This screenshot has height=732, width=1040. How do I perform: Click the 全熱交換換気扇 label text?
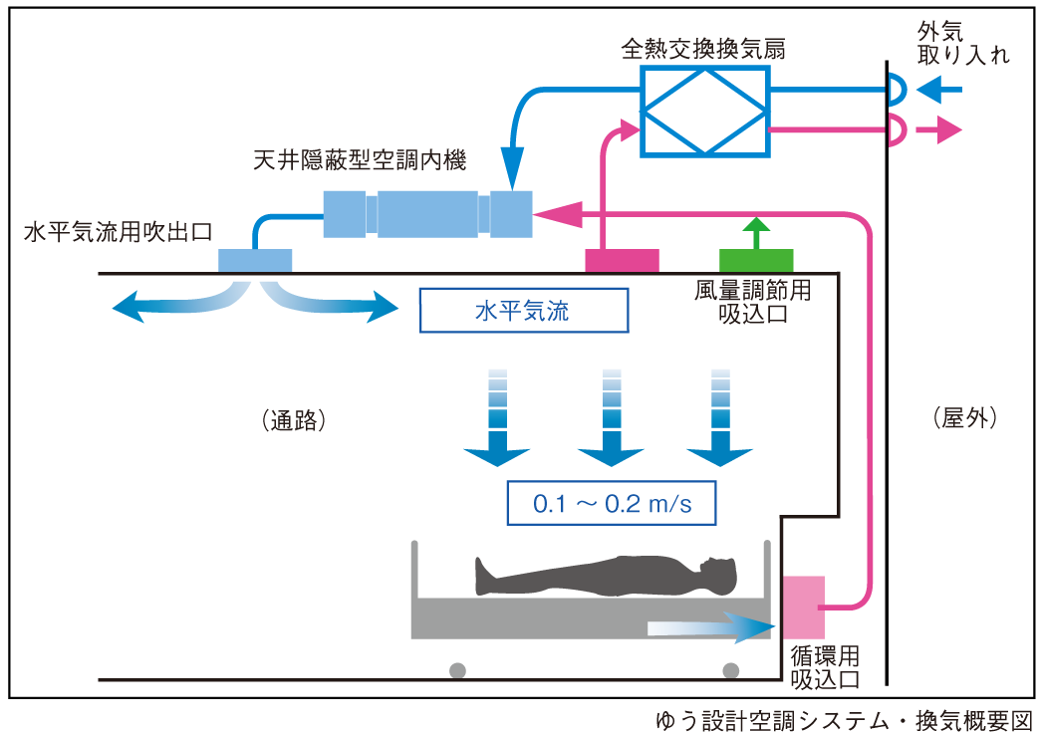pos(703,48)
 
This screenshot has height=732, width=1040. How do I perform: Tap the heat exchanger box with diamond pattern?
pos(704,111)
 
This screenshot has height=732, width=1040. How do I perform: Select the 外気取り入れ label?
pos(960,44)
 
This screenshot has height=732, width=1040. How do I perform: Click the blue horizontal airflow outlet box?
pos(254,260)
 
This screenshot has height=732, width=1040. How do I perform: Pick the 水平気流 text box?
pos(523,311)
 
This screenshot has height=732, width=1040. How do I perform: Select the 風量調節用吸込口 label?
pos(752,302)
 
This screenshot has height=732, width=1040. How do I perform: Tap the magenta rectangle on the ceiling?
pos(622,260)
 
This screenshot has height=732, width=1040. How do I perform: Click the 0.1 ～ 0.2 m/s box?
pos(612,503)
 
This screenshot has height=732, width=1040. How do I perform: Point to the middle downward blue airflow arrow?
pos(612,418)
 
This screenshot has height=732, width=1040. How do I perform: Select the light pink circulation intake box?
pos(804,607)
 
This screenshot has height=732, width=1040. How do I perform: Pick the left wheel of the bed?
pos(457,669)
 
